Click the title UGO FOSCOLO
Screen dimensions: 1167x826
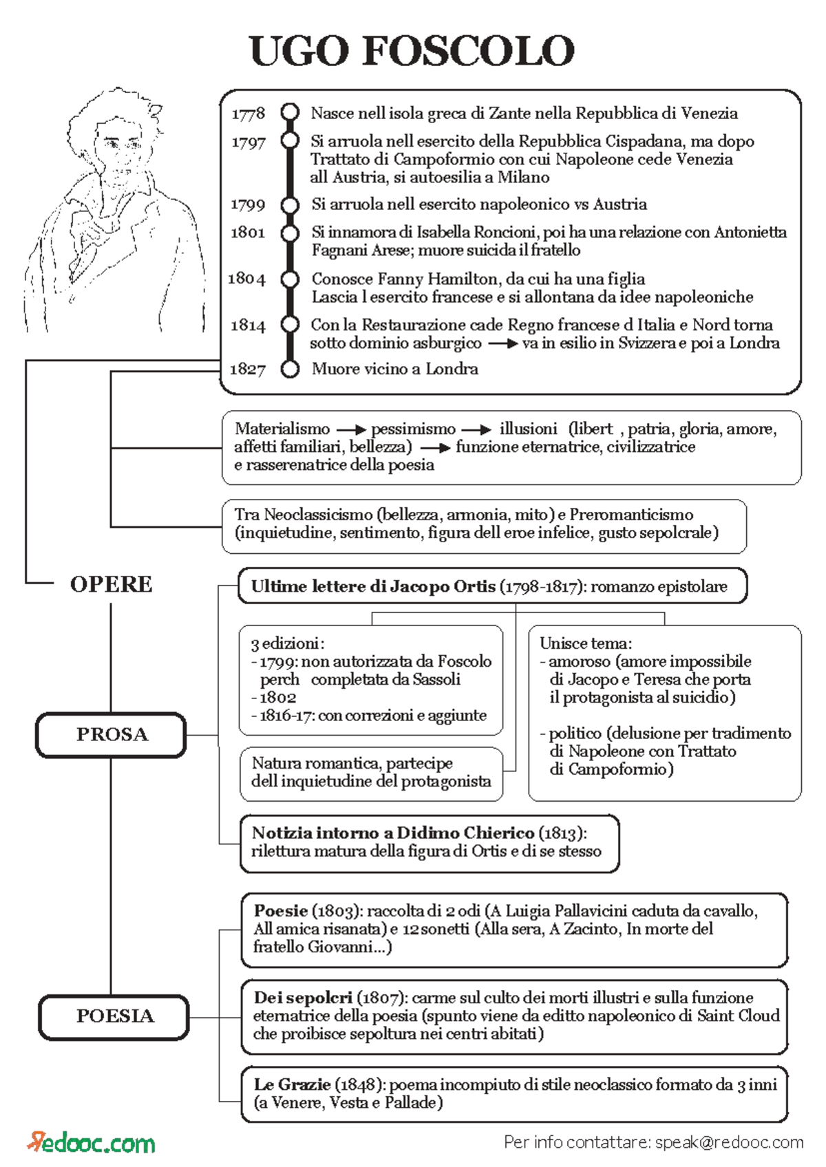click(x=412, y=51)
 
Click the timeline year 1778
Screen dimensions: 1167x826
click(x=248, y=114)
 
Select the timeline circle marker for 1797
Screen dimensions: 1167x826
click(x=290, y=140)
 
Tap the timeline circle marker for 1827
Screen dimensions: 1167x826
click(x=290, y=369)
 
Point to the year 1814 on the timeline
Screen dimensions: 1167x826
click(x=248, y=325)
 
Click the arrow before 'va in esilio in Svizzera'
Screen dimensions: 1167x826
click(x=502, y=343)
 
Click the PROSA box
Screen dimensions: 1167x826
click(x=112, y=735)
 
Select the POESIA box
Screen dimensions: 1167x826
click(x=114, y=1016)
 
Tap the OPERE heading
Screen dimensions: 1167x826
click(x=111, y=584)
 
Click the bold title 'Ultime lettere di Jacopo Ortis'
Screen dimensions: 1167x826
click(x=373, y=586)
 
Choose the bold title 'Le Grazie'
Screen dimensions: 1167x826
click(x=292, y=1084)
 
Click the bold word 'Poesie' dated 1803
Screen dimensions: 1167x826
click(x=280, y=910)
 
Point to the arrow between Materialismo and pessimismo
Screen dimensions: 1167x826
click(x=350, y=429)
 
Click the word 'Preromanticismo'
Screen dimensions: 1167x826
click(x=631, y=515)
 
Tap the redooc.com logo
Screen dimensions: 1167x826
click(x=92, y=1142)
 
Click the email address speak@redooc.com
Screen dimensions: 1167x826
click(x=729, y=1142)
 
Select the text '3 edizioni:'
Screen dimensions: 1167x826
click(x=287, y=643)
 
